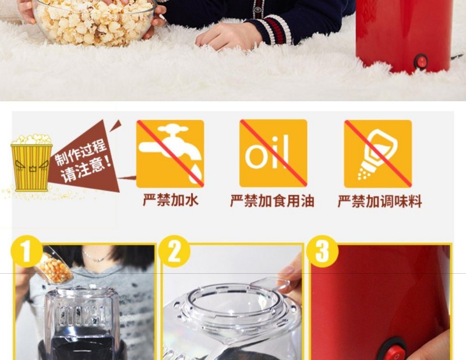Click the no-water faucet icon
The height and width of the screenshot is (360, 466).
tap(170, 154)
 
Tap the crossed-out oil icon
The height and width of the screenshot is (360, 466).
tap(273, 153)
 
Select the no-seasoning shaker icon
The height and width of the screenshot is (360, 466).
tap(377, 154)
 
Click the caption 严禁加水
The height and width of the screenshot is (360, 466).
tap(171, 200)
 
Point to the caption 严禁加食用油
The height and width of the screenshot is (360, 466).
tap(272, 201)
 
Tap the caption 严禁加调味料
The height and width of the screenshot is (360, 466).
tap(380, 202)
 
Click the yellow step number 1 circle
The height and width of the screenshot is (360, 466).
tap(26, 251)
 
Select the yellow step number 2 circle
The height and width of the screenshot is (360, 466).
tap(174, 251)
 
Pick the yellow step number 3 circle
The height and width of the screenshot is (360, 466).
tap(322, 251)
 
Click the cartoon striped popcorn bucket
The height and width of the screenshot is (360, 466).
tap(31, 163)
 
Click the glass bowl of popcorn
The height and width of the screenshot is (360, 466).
tap(94, 22)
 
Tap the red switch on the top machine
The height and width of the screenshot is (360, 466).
tap(421, 61)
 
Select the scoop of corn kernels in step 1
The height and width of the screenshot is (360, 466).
tap(54, 266)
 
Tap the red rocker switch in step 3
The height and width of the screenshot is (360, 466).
tap(394, 351)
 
